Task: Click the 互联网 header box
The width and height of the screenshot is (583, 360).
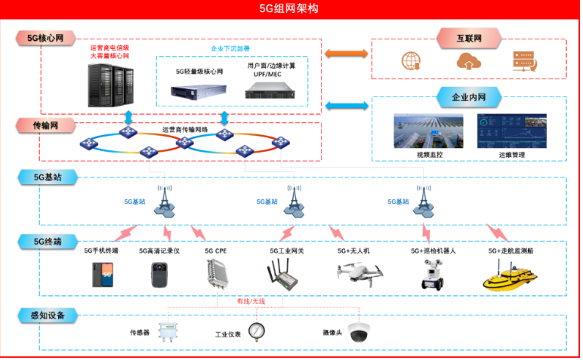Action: click(469, 37)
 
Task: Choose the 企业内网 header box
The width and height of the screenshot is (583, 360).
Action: click(469, 97)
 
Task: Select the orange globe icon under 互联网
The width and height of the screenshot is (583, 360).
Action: click(411, 60)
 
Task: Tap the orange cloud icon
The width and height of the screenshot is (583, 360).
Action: click(467, 60)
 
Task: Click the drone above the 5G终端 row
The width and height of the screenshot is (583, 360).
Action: click(359, 272)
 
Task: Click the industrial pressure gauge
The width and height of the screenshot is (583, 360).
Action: click(258, 332)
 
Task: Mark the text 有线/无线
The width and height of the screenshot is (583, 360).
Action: click(251, 300)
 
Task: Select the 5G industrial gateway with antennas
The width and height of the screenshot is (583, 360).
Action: click(285, 274)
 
